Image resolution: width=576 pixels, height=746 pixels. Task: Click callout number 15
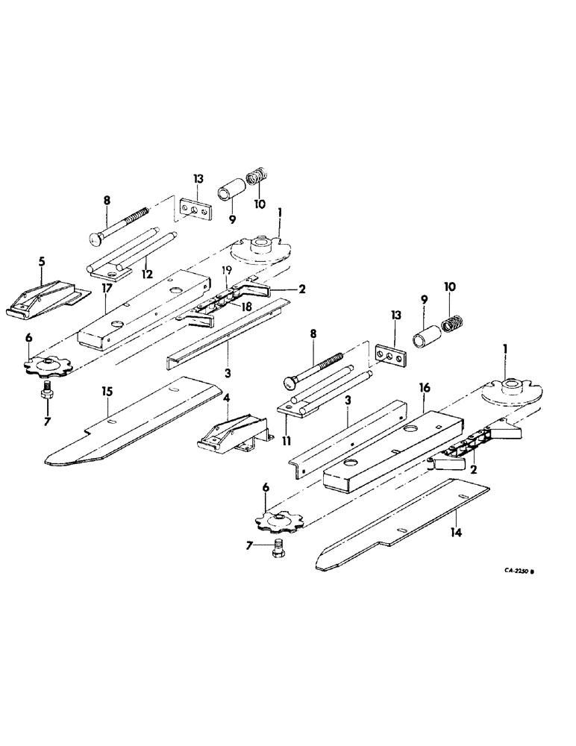click(x=107, y=389)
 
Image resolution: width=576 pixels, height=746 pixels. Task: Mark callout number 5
click(x=42, y=263)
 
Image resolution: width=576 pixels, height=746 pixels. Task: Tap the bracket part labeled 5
click(x=45, y=298)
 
